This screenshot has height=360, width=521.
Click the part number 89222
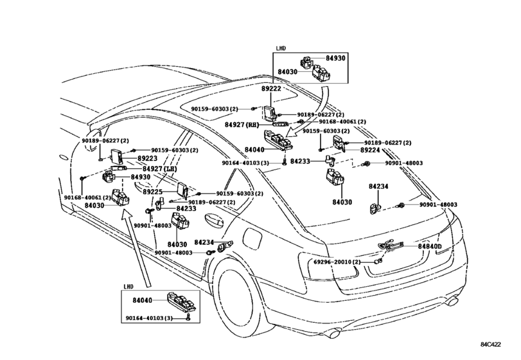(x=271, y=89)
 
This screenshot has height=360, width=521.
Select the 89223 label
(x=147, y=159)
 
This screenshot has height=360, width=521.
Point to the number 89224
(x=370, y=150)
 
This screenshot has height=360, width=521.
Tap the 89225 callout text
(x=153, y=192)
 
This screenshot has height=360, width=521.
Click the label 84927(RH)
(x=242, y=125)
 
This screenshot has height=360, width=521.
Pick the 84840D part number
(x=430, y=246)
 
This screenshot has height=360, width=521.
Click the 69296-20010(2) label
(x=337, y=262)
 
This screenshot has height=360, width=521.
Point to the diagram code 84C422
(x=491, y=345)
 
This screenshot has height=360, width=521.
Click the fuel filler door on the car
(x=253, y=237)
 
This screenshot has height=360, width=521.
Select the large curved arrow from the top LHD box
(x=312, y=113)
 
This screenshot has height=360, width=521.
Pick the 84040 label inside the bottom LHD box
(x=142, y=300)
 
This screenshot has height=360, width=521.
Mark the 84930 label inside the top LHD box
(x=335, y=58)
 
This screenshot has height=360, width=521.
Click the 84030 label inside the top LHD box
(x=288, y=72)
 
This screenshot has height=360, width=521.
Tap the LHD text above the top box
(x=281, y=48)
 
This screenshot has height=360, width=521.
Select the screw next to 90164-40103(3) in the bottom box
(x=188, y=317)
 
